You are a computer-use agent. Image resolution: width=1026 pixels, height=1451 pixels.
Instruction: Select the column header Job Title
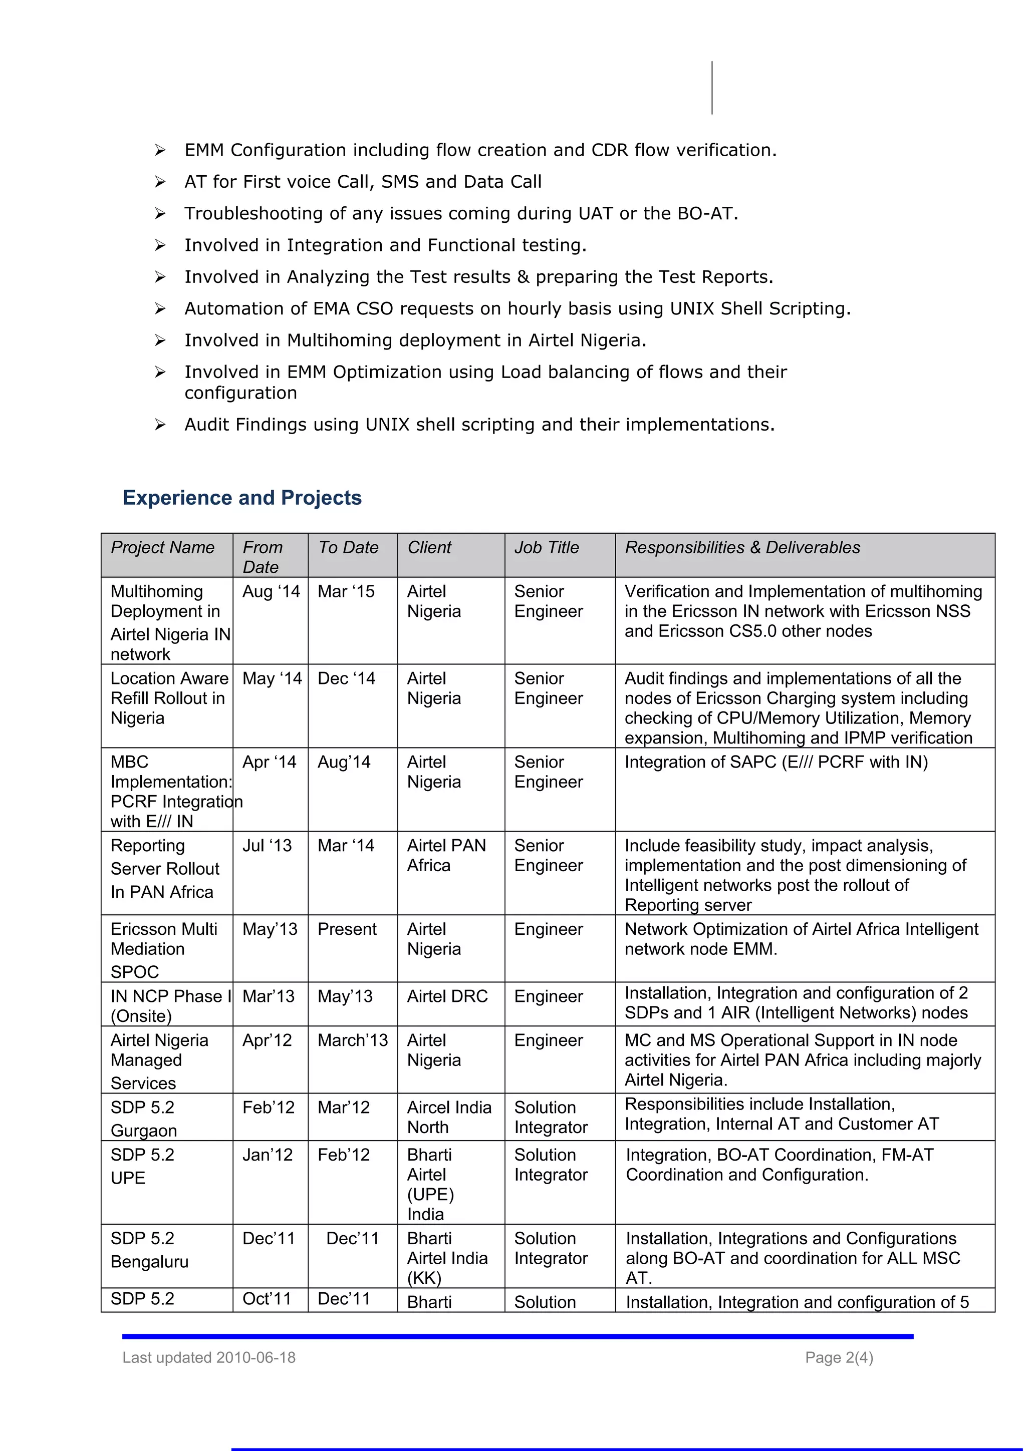(546, 547)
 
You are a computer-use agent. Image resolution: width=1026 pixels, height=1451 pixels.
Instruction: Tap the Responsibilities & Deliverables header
(742, 547)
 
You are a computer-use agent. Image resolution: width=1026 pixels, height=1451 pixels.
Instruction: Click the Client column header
(429, 547)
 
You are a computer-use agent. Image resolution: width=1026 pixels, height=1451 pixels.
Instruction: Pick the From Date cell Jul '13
(267, 846)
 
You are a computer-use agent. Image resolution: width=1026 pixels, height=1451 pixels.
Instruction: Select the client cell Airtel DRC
(447, 996)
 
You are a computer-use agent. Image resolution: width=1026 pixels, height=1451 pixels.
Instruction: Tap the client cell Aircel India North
(449, 1118)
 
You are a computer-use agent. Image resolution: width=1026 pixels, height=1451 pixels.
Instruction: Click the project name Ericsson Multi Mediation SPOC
(163, 949)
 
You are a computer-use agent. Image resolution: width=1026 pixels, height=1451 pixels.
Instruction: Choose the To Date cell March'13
(352, 1040)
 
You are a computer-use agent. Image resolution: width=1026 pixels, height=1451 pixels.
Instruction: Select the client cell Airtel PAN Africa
(446, 855)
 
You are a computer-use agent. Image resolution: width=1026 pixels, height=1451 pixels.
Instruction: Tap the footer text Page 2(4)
(838, 1357)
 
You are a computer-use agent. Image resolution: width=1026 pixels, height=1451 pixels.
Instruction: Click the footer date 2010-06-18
(255, 1357)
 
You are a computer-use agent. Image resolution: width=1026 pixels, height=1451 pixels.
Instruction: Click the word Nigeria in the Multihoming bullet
(610, 340)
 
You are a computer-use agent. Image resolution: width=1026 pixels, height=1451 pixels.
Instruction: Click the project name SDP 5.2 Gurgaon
(143, 1119)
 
